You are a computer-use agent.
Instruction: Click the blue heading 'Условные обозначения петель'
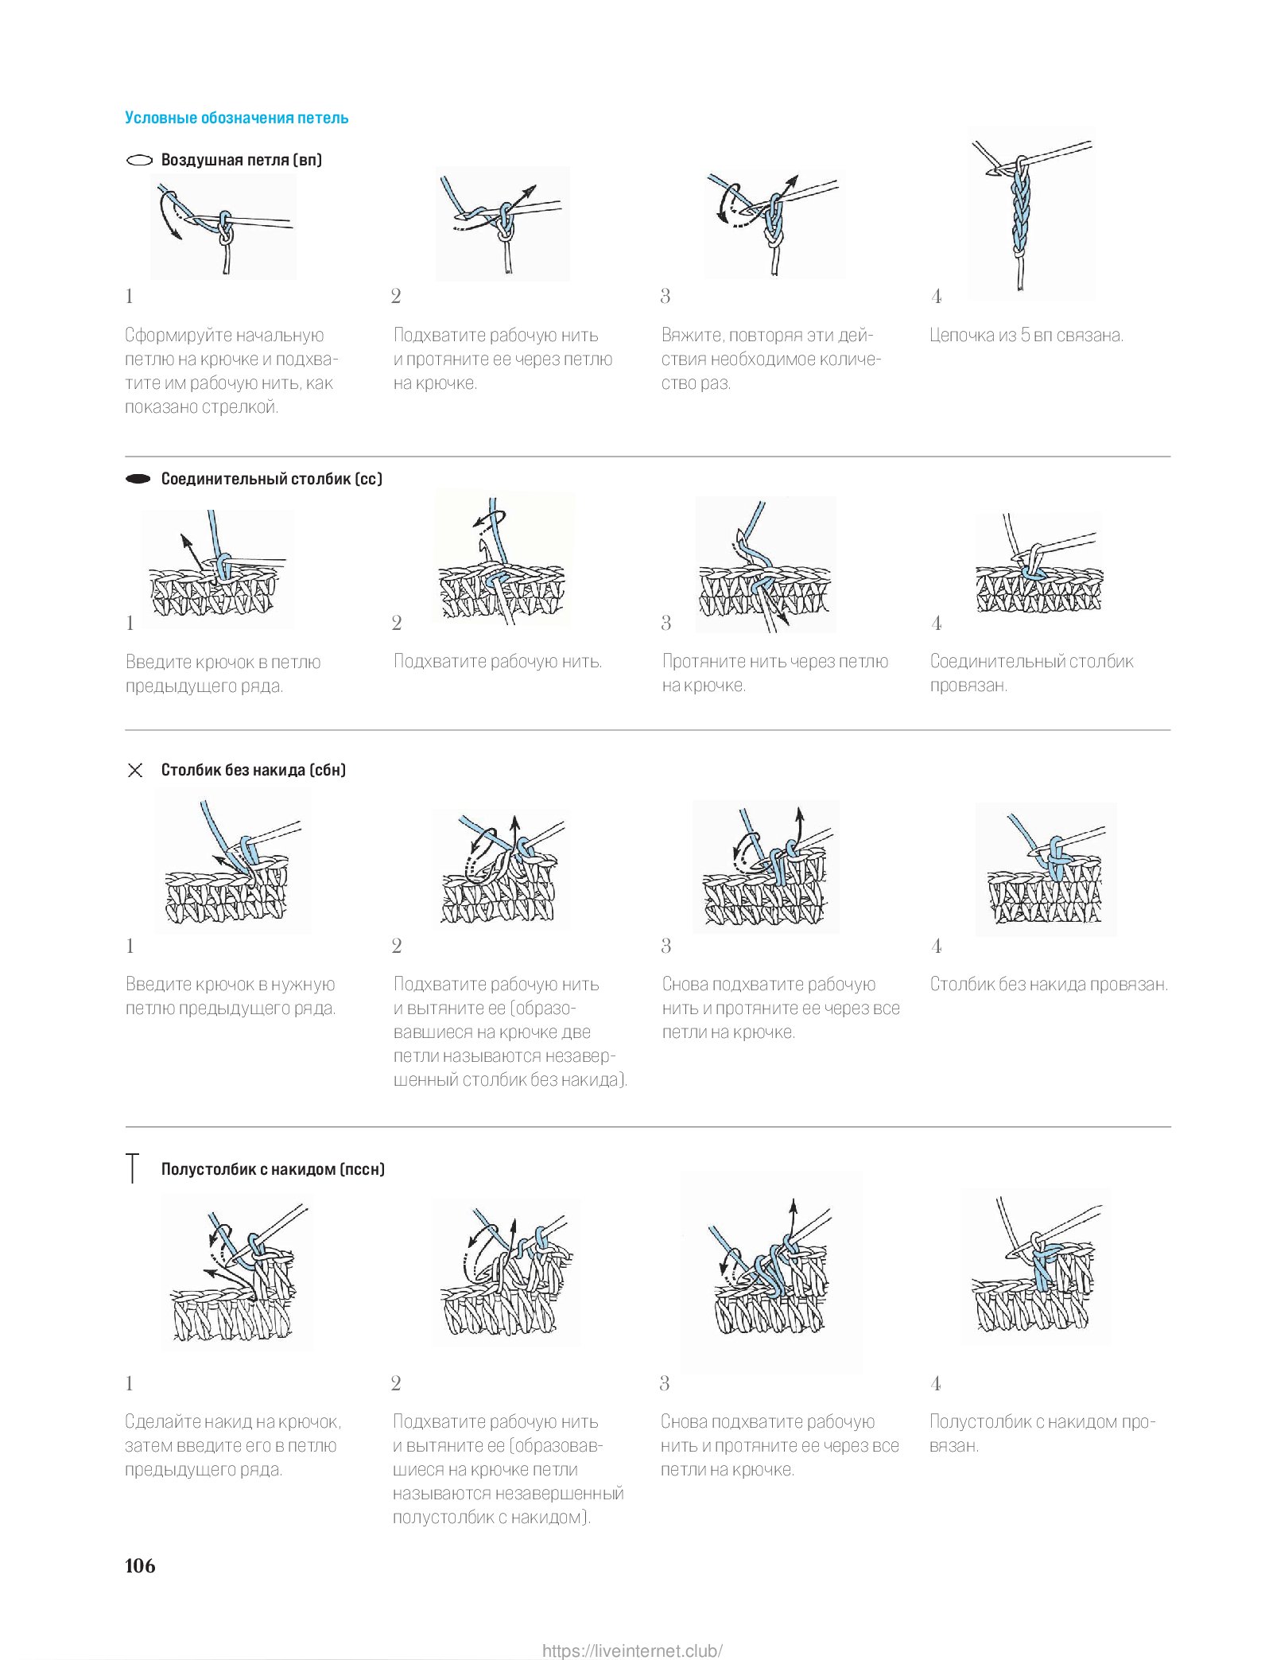point(236,118)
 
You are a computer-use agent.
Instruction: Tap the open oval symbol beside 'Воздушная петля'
point(139,160)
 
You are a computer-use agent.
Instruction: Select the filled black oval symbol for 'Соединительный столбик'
point(138,479)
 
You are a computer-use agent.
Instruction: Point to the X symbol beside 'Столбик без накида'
point(135,770)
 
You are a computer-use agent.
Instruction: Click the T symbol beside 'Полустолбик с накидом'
point(133,1168)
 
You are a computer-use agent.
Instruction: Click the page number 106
point(140,1565)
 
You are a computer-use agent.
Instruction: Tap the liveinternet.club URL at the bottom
point(632,1645)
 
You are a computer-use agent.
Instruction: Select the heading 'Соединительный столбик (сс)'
point(271,479)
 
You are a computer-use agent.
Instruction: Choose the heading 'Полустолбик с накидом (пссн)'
point(273,1168)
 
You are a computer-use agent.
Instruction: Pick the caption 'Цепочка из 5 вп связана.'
point(1026,335)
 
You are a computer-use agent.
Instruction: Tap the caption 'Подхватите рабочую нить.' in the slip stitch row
point(498,661)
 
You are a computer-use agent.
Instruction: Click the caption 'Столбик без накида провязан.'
point(1049,984)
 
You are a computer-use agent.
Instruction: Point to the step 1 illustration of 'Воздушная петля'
point(223,227)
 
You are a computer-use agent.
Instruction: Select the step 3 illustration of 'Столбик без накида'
point(766,867)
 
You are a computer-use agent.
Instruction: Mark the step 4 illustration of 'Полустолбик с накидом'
point(1034,1267)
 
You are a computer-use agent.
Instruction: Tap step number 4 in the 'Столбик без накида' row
point(937,946)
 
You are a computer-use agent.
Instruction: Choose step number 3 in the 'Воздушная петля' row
point(665,297)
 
